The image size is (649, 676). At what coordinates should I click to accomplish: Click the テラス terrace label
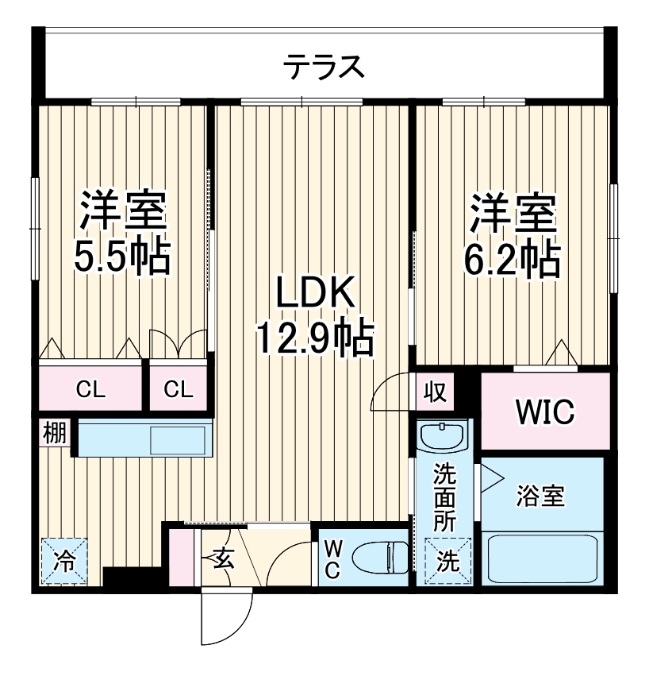(324, 67)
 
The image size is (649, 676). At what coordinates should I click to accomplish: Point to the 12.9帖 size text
(313, 339)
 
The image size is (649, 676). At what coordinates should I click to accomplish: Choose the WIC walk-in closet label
(545, 412)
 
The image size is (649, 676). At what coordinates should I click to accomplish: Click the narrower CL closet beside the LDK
(179, 389)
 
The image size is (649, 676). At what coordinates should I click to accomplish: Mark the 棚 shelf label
(54, 435)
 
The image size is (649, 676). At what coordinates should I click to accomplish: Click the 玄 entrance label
(223, 558)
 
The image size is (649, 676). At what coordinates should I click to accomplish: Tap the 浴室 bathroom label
(540, 496)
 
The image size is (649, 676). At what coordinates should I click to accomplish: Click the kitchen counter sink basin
(178, 439)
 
